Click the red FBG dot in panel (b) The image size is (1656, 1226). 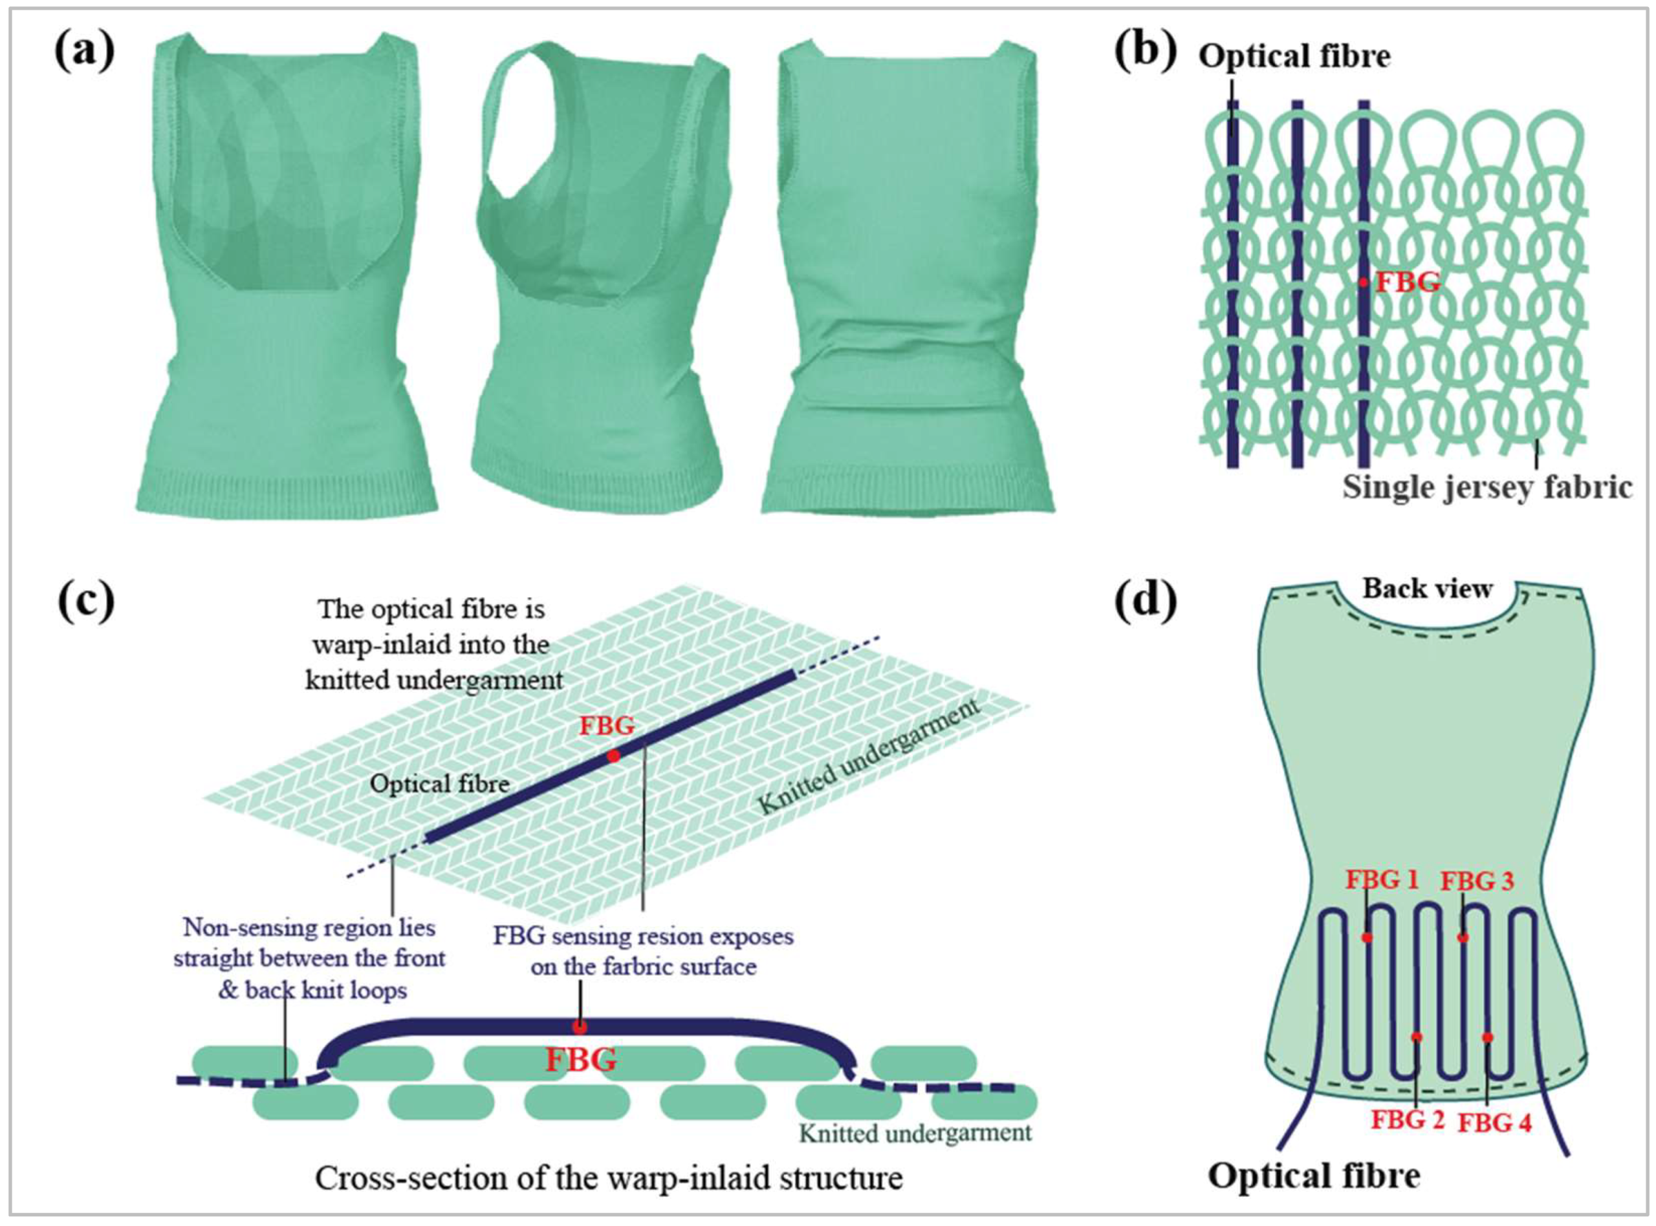point(1364,282)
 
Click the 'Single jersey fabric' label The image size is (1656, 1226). point(1487,487)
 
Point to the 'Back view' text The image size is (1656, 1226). point(1427,589)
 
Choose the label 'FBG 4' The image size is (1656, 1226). point(1494,1123)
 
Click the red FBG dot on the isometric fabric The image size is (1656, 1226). point(613,756)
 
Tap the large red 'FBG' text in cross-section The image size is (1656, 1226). point(581,1060)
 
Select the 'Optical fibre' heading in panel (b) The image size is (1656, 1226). point(1294,56)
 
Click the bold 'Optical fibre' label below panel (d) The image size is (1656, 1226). point(1314,1176)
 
